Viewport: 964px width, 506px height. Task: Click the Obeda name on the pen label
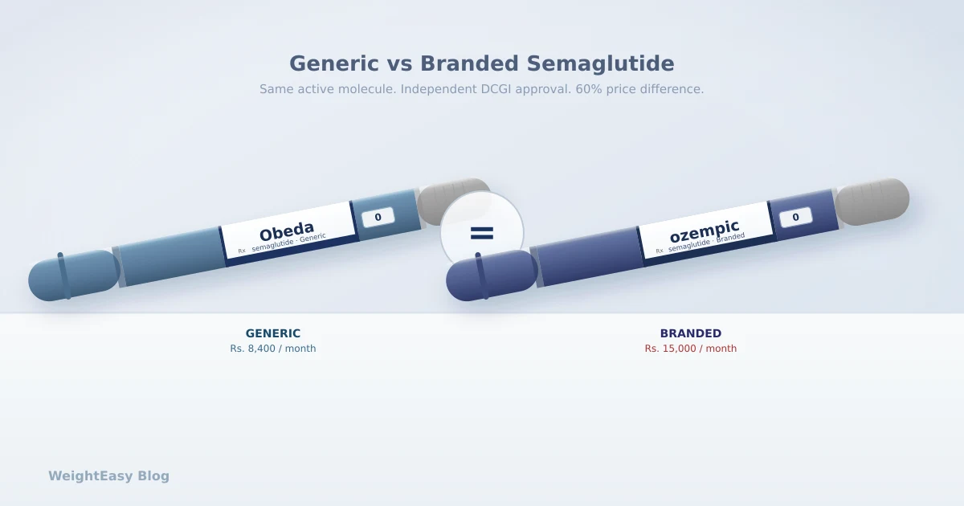pos(286,231)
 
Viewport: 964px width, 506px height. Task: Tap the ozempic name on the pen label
pos(704,231)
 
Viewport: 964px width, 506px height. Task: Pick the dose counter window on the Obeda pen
pos(378,217)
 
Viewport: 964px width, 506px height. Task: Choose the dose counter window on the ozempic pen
pos(795,217)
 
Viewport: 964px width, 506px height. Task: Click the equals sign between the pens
pos(482,234)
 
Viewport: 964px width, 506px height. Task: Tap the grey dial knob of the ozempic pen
pos(872,201)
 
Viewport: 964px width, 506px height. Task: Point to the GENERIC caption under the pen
pos(273,333)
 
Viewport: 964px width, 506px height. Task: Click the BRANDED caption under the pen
pos(691,333)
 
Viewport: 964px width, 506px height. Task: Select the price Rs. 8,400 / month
pos(273,349)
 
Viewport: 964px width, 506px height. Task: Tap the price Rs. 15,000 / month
pos(691,349)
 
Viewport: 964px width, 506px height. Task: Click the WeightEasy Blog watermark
pos(108,475)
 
